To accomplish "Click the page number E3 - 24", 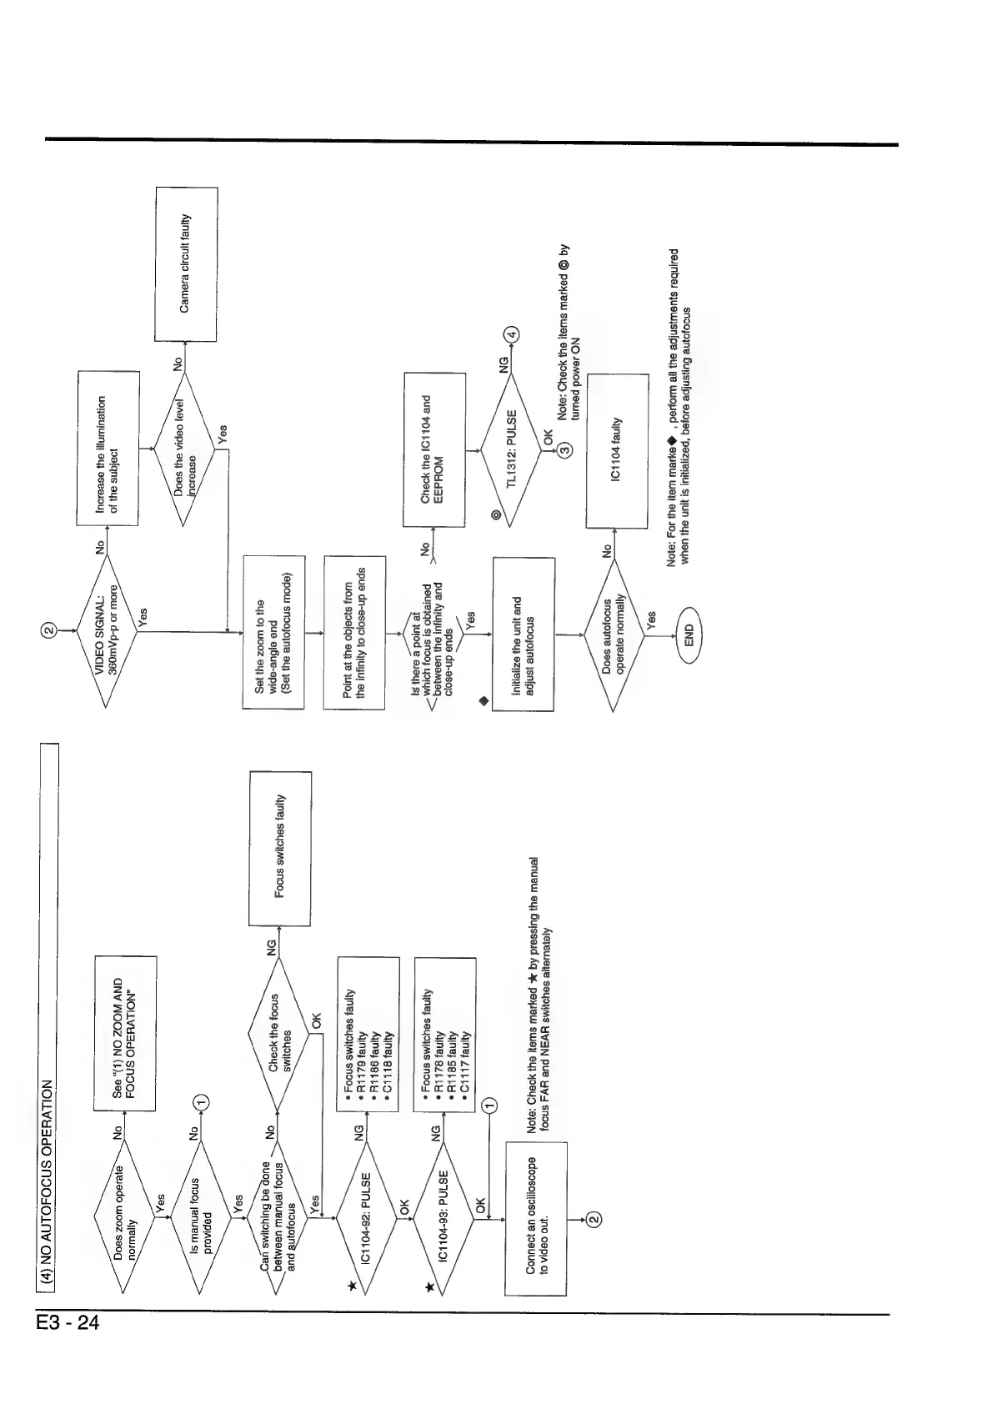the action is click(68, 1322).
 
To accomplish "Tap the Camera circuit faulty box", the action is click(186, 264).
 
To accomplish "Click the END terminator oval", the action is click(689, 635).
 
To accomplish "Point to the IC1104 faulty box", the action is click(617, 450).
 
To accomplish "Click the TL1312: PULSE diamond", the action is click(511, 449).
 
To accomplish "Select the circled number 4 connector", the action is click(511, 334).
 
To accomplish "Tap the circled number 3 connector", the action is click(565, 450).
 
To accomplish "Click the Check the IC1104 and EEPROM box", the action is click(434, 449).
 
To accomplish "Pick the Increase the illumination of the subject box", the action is click(108, 449).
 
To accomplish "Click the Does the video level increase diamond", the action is click(184, 449).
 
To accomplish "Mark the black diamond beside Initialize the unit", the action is click(483, 700).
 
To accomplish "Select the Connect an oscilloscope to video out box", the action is click(536, 1218).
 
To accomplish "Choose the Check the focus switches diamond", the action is click(279, 1034).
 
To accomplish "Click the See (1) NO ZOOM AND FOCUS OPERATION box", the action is click(125, 1033).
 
